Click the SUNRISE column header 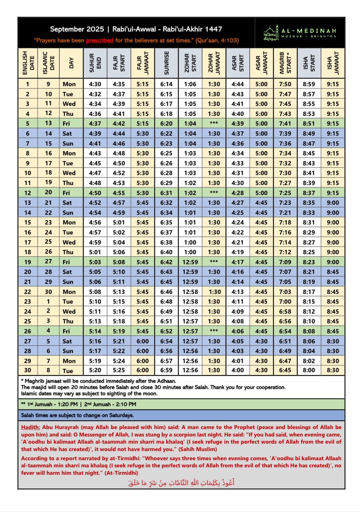pos(167,62)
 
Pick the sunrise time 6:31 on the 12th pos(167,193)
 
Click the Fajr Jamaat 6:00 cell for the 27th pos(143,341)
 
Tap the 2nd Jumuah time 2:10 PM pos(120,404)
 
